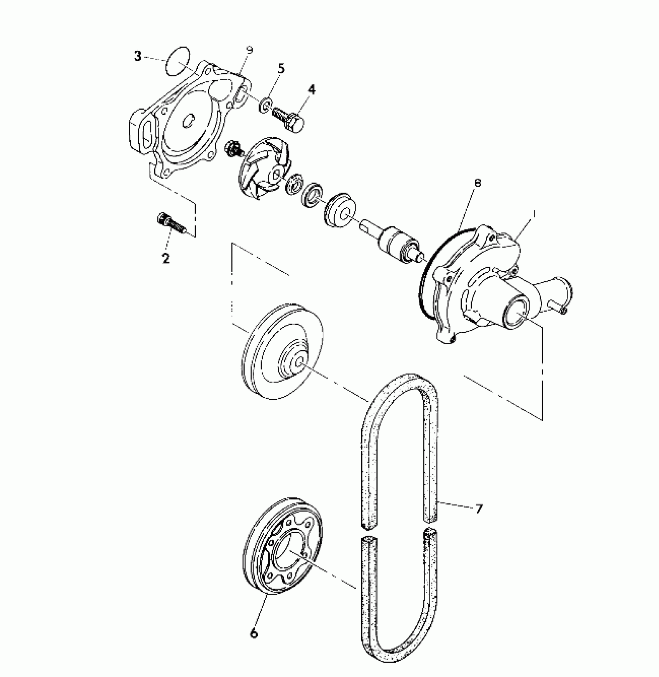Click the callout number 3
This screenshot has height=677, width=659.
tap(138, 56)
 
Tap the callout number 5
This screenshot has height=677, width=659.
tap(281, 69)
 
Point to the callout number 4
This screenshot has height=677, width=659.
tap(312, 90)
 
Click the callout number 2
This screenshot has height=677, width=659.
tap(166, 258)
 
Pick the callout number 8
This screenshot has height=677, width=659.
tap(478, 183)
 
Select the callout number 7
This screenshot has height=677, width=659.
tap(479, 508)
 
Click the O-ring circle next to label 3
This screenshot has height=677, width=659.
tap(178, 60)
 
